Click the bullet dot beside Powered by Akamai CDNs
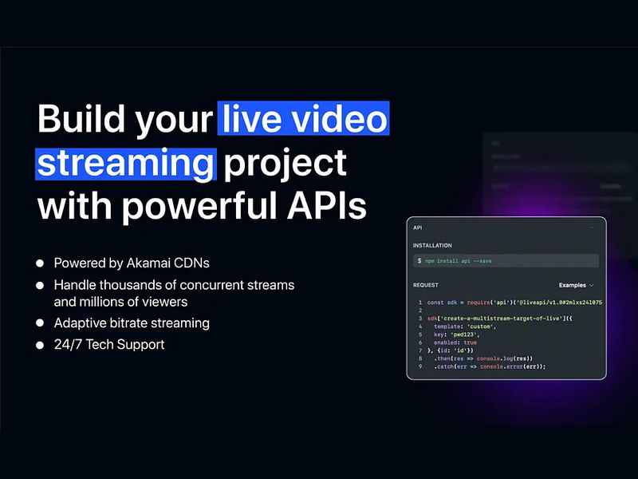(41, 263)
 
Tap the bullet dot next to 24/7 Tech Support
(41, 345)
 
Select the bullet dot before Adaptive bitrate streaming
(41, 323)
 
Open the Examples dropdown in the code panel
(576, 285)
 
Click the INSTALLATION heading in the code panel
(432, 245)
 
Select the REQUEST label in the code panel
(427, 285)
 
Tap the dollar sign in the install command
(419, 261)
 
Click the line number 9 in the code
(419, 366)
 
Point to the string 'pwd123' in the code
(471, 335)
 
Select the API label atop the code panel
(417, 228)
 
